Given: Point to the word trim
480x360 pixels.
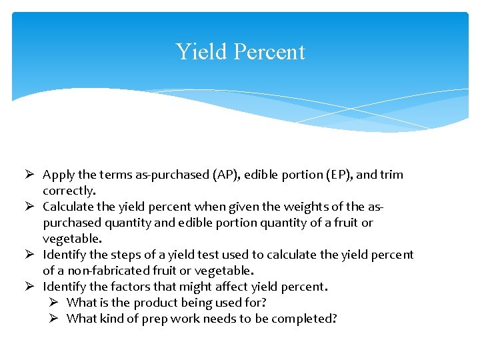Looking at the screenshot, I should [x=391, y=175].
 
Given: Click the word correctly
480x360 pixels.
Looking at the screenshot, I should [x=69, y=191].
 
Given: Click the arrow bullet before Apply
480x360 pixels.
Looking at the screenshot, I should [x=30, y=175].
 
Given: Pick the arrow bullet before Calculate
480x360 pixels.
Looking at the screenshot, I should [x=30, y=207].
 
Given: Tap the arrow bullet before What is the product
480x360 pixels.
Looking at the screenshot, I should [x=54, y=303].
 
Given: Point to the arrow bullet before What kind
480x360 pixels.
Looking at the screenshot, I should [x=54, y=319].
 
